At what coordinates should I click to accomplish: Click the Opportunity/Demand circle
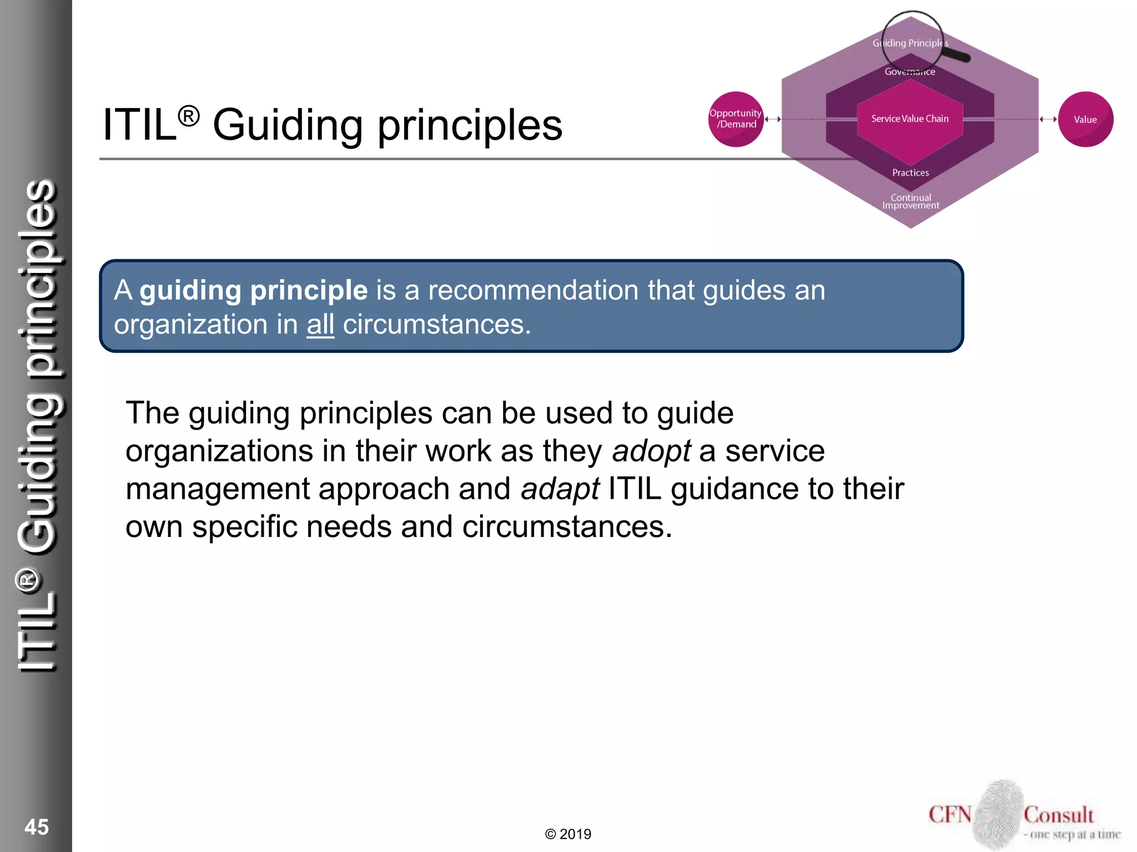tap(736, 119)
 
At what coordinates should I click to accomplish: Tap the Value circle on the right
tap(1085, 119)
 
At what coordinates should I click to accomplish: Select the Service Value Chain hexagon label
tap(910, 119)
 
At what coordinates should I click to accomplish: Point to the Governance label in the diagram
tap(910, 72)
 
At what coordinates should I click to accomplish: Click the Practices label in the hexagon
tap(910, 173)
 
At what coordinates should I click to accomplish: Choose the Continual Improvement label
tap(911, 201)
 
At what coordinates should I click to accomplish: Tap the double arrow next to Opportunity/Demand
tap(773, 119)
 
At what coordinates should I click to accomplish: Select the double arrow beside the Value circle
tap(1048, 119)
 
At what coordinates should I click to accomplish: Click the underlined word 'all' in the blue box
tap(320, 324)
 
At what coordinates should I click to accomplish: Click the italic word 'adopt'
tap(651, 451)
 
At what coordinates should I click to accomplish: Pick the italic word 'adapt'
tap(560, 489)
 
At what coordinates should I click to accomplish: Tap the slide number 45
tap(37, 827)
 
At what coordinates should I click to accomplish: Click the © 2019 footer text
tap(568, 834)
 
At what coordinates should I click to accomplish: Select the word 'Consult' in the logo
tap(1059, 815)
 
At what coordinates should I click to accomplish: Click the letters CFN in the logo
tap(950, 815)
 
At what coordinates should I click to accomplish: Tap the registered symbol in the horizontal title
tap(189, 116)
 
